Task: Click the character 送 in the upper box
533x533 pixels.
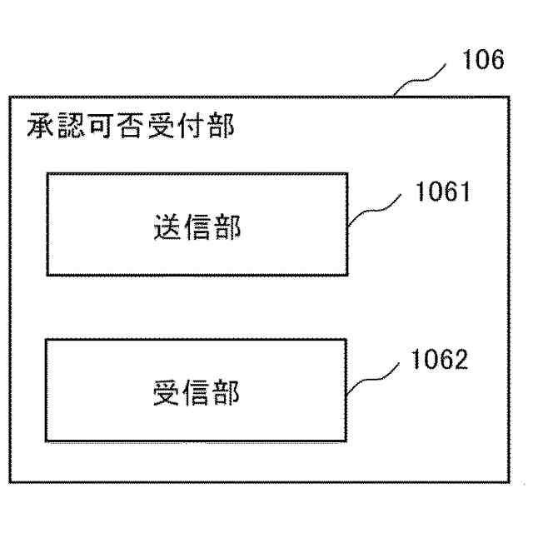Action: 167,227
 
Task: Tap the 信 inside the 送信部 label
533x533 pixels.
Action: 197,227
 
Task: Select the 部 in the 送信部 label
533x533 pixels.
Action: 227,227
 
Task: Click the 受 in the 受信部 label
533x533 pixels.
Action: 167,392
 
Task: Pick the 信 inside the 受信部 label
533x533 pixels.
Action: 197,392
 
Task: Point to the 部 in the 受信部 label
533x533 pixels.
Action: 227,392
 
